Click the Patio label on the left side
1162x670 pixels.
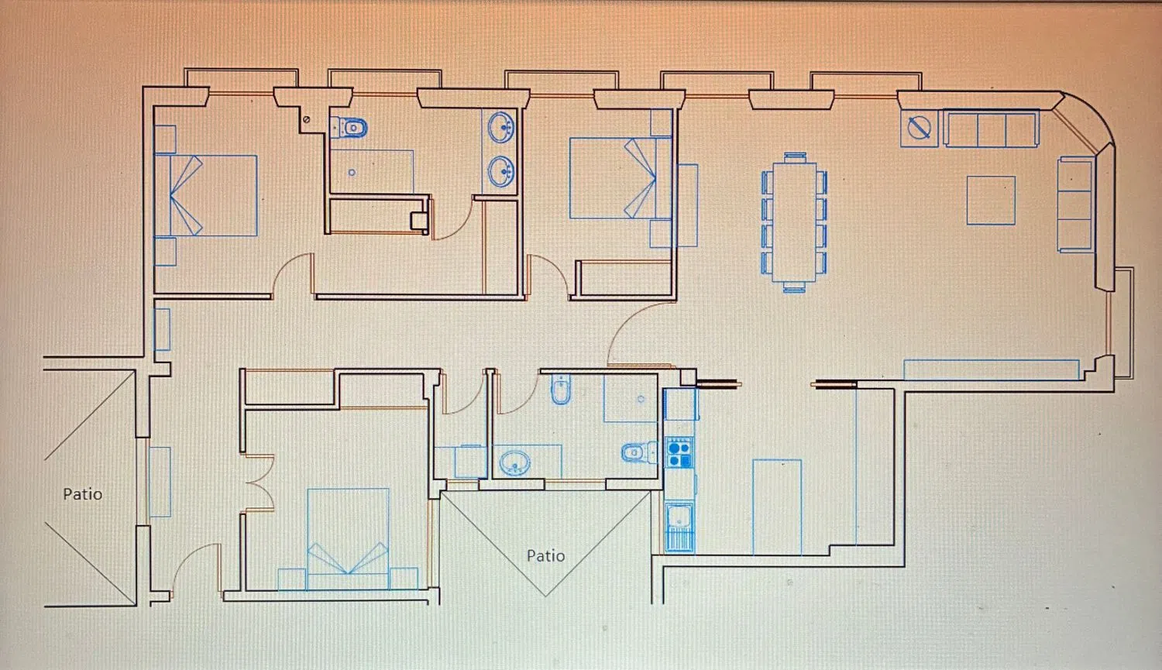[x=82, y=494]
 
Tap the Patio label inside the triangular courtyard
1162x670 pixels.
[x=545, y=556]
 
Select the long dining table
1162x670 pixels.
[x=794, y=222]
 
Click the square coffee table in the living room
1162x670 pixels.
[x=991, y=201]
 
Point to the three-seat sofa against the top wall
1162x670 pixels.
[x=992, y=129]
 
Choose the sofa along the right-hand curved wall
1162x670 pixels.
[x=1076, y=204]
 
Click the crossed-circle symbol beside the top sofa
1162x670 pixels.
[x=920, y=128]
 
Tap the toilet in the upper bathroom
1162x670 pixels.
[x=349, y=127]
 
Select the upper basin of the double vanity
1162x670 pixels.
[x=500, y=127]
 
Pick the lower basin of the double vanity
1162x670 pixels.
[x=500, y=172]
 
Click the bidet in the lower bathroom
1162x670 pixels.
[x=561, y=390]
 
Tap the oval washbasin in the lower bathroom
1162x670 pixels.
[x=514, y=462]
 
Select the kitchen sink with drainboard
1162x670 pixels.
[x=679, y=527]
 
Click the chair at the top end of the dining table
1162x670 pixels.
[x=795, y=158]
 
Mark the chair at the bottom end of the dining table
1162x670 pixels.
[x=794, y=287]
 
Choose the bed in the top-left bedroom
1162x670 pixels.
[x=206, y=195]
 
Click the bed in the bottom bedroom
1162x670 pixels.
[x=348, y=539]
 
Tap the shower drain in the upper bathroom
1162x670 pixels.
[x=352, y=173]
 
